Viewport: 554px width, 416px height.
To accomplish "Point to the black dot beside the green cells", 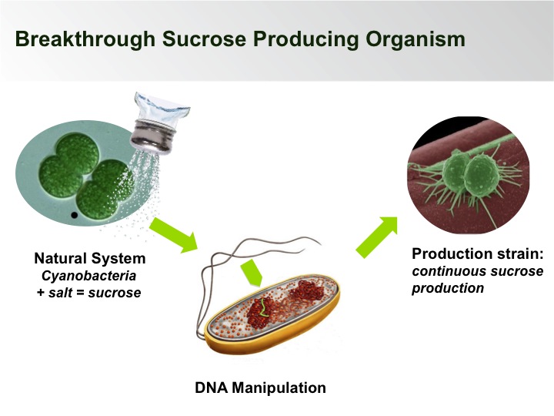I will pos(74,215).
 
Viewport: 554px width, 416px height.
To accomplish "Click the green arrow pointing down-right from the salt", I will pos(172,234).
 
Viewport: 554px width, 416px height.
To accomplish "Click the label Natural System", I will pos(89,258).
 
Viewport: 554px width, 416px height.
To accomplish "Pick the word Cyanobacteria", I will pos(89,275).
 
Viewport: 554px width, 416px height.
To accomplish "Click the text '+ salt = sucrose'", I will pos(89,292).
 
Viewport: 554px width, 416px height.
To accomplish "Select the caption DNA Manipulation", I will pos(261,387).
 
